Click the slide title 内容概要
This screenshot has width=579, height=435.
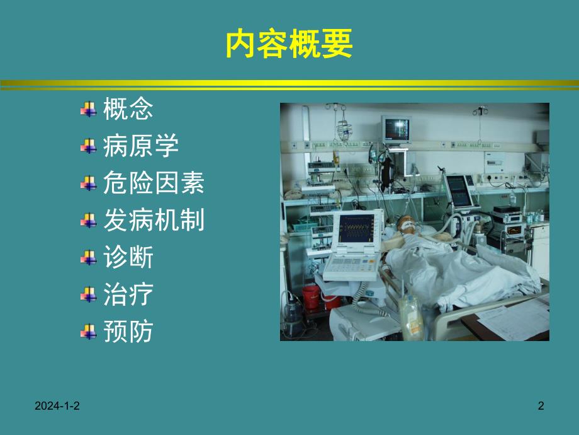(289, 45)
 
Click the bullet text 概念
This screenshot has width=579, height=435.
(128, 110)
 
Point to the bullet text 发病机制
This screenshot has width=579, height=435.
(154, 221)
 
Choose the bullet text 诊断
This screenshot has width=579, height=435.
(128, 257)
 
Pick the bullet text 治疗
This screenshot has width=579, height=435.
(128, 294)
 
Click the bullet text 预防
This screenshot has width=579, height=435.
(128, 332)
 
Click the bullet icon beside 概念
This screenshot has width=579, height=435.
(87, 110)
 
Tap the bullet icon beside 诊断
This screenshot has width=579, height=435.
(87, 258)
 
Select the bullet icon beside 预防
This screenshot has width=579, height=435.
(87, 332)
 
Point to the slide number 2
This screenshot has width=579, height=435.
(541, 407)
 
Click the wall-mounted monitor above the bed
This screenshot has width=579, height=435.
(396, 128)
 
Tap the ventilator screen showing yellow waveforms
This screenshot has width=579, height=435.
(357, 229)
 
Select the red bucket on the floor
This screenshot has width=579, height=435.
(312, 296)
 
